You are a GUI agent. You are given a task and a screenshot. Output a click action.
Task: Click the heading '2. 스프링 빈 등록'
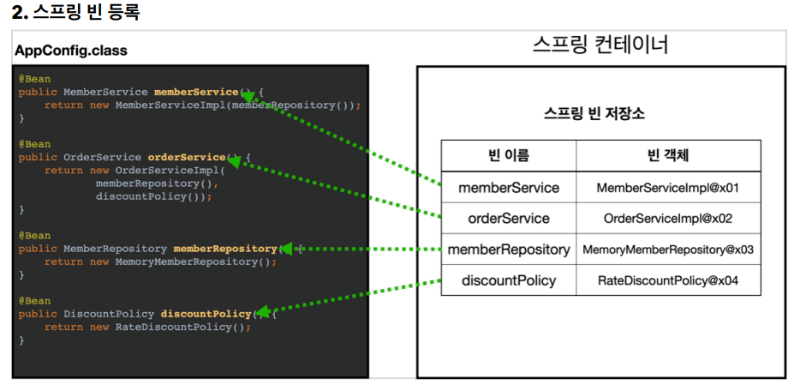75,12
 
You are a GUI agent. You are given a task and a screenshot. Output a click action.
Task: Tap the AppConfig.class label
71,51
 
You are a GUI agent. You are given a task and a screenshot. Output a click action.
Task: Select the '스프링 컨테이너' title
600,45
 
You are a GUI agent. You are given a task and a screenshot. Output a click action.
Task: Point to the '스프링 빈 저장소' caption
594,114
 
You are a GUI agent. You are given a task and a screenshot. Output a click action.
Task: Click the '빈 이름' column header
508,156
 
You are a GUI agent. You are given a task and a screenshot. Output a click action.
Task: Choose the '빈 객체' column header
668,156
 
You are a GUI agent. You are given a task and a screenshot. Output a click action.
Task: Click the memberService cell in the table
509,187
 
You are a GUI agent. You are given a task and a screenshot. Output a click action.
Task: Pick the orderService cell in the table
509,219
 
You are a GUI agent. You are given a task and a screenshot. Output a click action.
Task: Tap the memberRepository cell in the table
509,250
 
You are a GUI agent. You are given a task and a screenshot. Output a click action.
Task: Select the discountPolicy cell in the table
509,280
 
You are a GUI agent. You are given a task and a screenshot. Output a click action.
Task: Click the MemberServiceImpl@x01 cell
668,188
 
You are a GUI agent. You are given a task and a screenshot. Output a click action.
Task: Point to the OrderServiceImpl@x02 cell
668,219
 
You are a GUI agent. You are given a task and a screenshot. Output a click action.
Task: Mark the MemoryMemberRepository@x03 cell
668,250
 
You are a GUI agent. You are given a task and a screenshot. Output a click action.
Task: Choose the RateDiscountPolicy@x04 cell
668,281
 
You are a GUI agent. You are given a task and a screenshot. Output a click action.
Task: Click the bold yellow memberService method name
196,93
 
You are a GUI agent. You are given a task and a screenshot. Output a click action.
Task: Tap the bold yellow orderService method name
187,158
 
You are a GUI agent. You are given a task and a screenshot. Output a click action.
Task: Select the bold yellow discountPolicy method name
206,314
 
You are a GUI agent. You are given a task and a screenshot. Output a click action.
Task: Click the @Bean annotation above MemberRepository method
34,236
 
